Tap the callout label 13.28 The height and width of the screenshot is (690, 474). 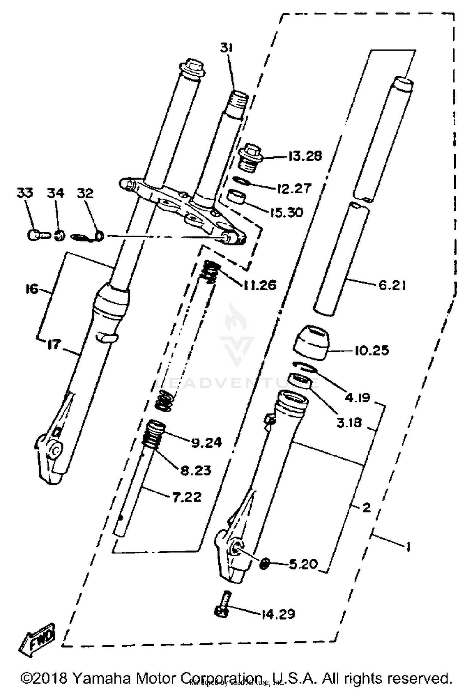coord(305,156)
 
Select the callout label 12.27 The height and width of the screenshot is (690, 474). coord(294,189)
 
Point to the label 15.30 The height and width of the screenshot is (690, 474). coord(287,212)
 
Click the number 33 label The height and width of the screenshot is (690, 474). coord(25,193)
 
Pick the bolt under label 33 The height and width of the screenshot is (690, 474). coord(38,235)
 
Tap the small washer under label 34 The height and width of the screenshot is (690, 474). coord(59,235)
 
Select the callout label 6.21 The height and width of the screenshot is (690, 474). coord(392,285)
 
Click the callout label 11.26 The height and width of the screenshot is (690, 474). coord(260,285)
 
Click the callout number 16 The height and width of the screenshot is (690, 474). coord(32,289)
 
